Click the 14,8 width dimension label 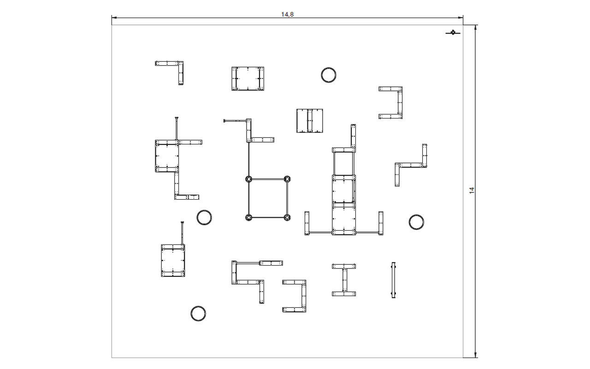(x=287, y=14)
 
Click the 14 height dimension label (x=472, y=190)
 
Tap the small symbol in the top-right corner (x=453, y=32)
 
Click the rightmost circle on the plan (x=416, y=215)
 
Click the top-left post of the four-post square (x=248, y=179)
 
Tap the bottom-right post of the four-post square (x=287, y=217)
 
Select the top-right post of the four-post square (x=287, y=179)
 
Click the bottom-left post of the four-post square (x=248, y=217)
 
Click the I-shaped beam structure (x=344, y=280)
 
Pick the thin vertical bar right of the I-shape (x=394, y=280)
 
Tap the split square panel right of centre (x=310, y=121)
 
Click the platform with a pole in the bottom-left (x=173, y=261)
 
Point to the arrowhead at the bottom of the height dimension (x=475, y=355)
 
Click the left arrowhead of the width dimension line (x=114, y=18)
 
